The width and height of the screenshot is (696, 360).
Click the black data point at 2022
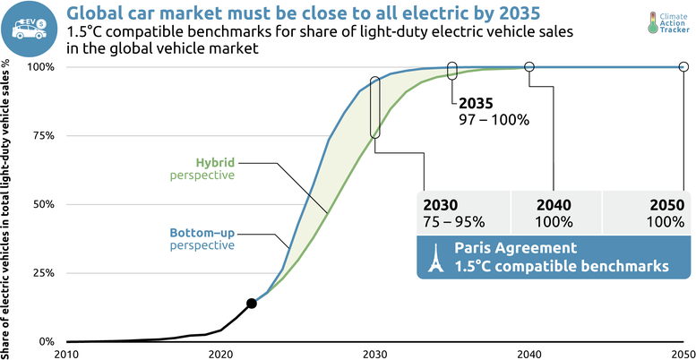point(252,304)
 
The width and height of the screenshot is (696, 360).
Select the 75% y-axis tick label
point(45,135)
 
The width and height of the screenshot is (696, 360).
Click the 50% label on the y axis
point(45,204)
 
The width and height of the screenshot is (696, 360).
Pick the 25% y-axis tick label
point(45,272)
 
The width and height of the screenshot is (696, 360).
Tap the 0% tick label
point(47,341)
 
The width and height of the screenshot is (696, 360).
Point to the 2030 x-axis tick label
point(374,353)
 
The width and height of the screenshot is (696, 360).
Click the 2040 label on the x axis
point(529,353)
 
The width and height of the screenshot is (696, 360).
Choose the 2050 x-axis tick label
point(683,353)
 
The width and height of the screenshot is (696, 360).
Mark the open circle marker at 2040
point(529,67)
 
